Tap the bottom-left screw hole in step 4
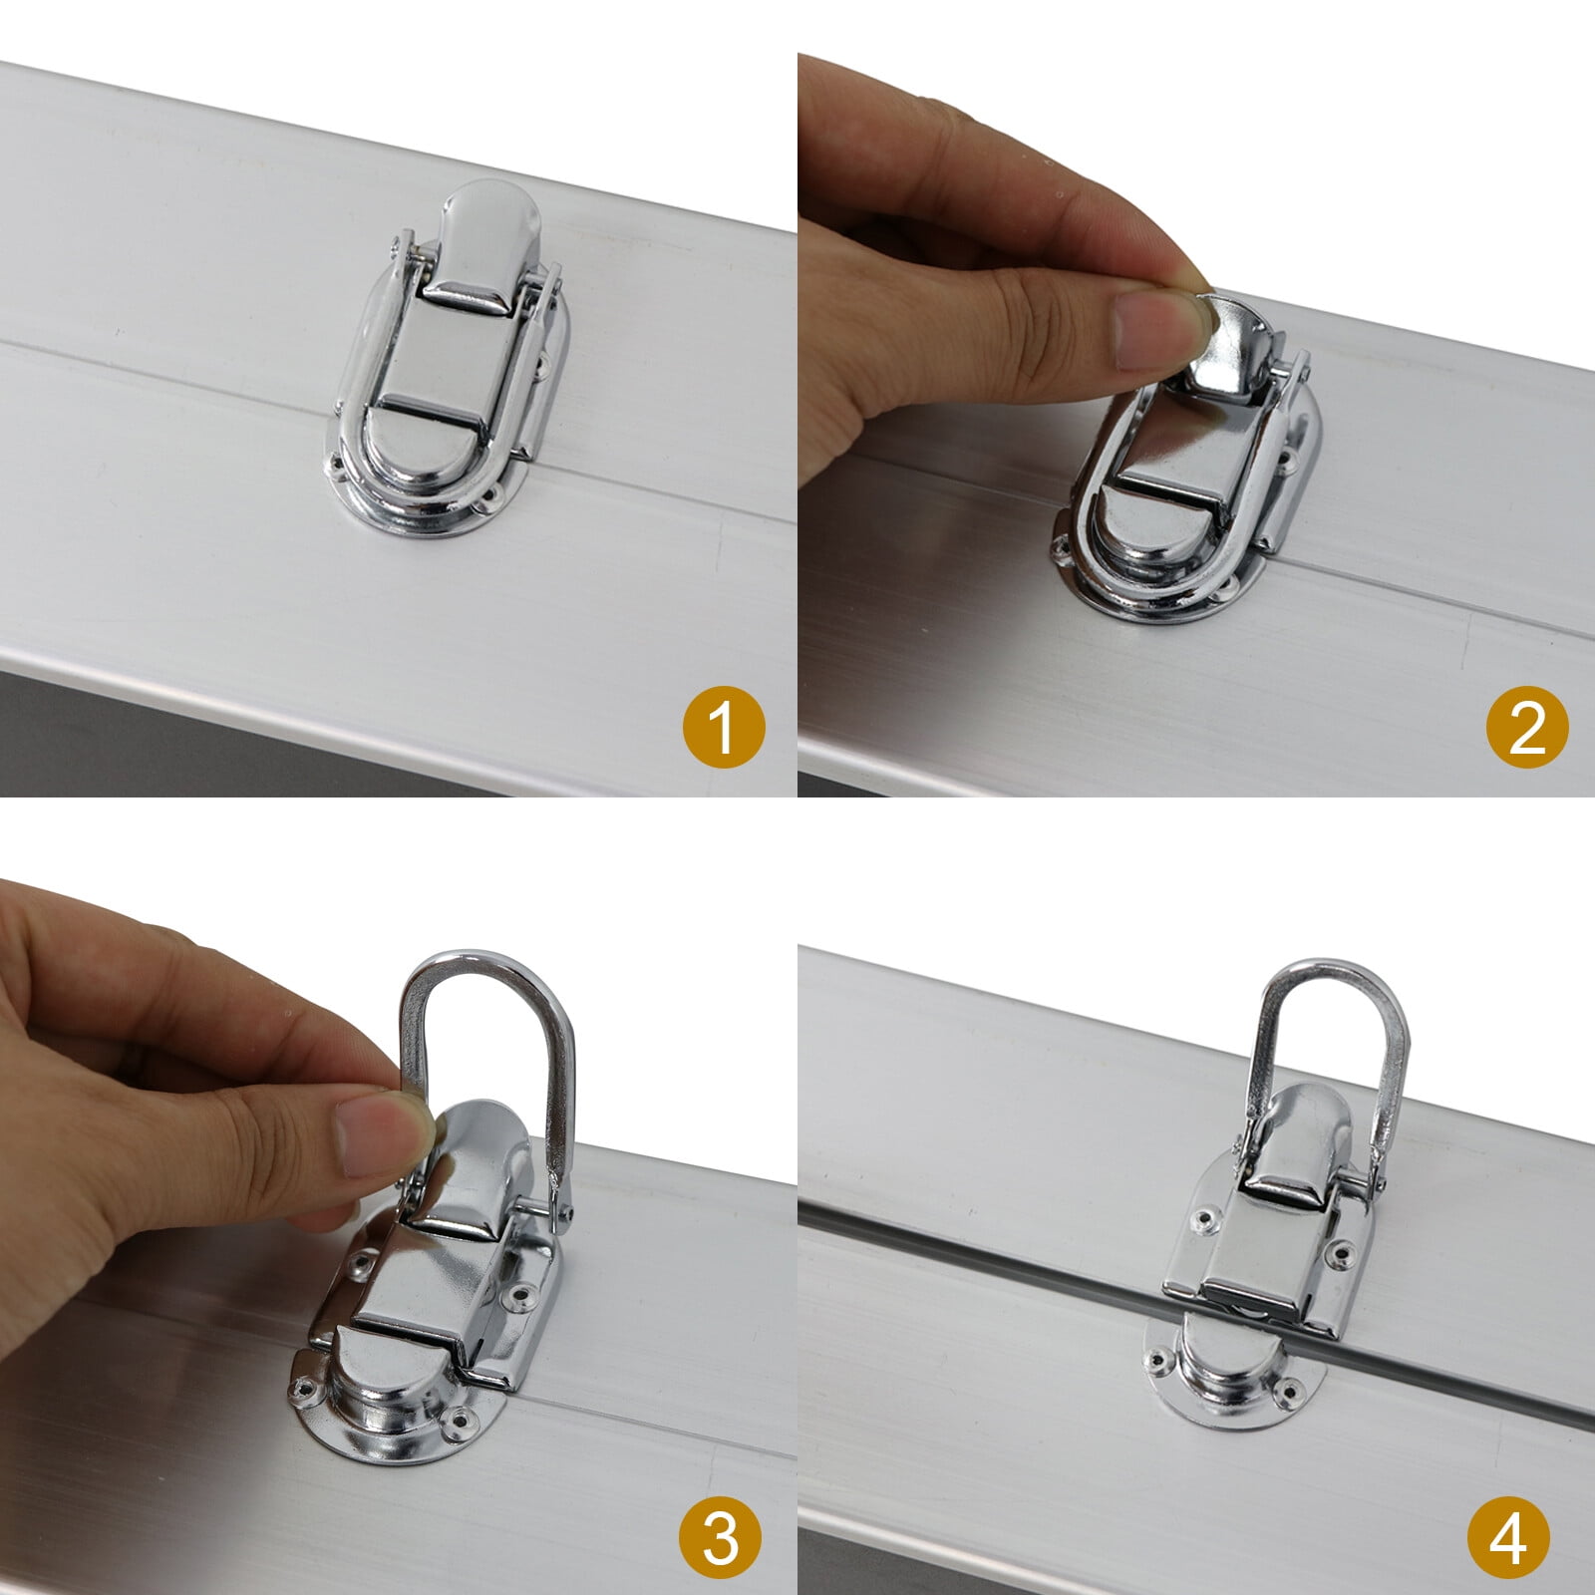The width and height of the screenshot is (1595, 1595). [1157, 1358]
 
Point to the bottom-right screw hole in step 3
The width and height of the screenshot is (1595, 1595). [460, 1417]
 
